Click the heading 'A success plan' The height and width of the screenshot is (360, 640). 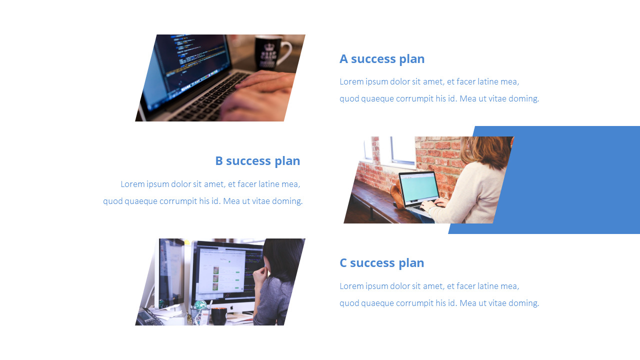coord(382,59)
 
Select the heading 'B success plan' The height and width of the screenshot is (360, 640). coord(257,161)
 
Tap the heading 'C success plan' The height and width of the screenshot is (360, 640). coord(381,263)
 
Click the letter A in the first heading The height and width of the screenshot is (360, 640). coord(343,59)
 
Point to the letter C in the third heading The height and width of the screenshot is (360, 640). coord(343,263)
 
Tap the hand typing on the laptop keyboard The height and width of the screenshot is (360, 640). coord(260,92)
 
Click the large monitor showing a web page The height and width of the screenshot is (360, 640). coord(227,270)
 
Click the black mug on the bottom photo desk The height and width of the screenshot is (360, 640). coord(218,316)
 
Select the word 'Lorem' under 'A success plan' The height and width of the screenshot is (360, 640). coord(351,82)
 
